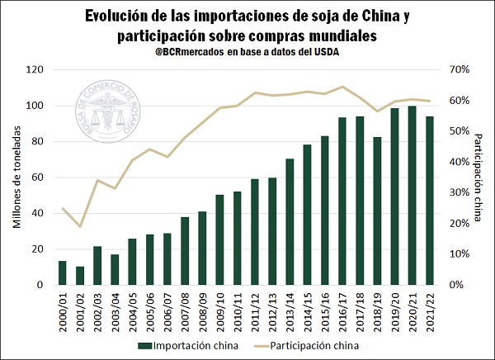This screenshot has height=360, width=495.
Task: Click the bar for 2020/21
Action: tap(412, 196)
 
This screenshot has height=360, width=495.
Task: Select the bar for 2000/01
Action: tap(62, 273)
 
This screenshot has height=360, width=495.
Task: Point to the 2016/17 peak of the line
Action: tap(342, 87)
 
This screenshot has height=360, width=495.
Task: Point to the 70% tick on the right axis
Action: tap(460, 69)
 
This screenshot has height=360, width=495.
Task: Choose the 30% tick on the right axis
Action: tap(460, 192)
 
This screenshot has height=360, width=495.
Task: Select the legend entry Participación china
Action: tap(314, 345)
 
